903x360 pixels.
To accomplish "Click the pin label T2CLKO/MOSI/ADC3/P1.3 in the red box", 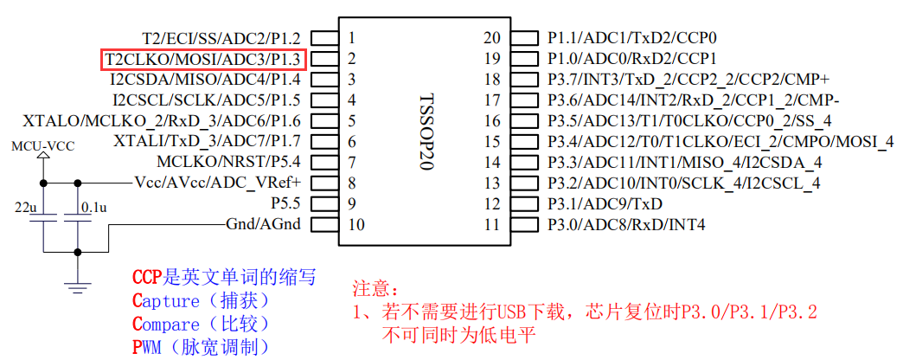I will (x=205, y=59).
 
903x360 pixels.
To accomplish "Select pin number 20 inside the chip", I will (x=491, y=38).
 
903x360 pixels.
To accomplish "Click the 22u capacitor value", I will (x=25, y=209).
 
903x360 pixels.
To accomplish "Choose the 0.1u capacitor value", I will (x=93, y=209).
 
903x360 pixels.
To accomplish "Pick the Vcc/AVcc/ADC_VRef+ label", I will (x=218, y=183).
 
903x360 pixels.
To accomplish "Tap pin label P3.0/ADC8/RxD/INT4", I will (x=626, y=225).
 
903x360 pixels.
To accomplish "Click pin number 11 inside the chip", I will (x=491, y=225).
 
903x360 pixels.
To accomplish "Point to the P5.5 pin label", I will (x=285, y=203).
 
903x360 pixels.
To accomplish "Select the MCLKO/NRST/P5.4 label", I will (x=228, y=162).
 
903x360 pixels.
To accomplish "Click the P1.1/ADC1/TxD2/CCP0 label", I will (x=632, y=38).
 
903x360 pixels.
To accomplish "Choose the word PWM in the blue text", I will (x=146, y=347).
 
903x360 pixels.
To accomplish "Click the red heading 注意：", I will (x=377, y=288).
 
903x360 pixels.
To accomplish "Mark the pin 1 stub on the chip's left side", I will (x=323, y=38).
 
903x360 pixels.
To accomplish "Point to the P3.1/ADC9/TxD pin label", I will (x=605, y=204).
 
